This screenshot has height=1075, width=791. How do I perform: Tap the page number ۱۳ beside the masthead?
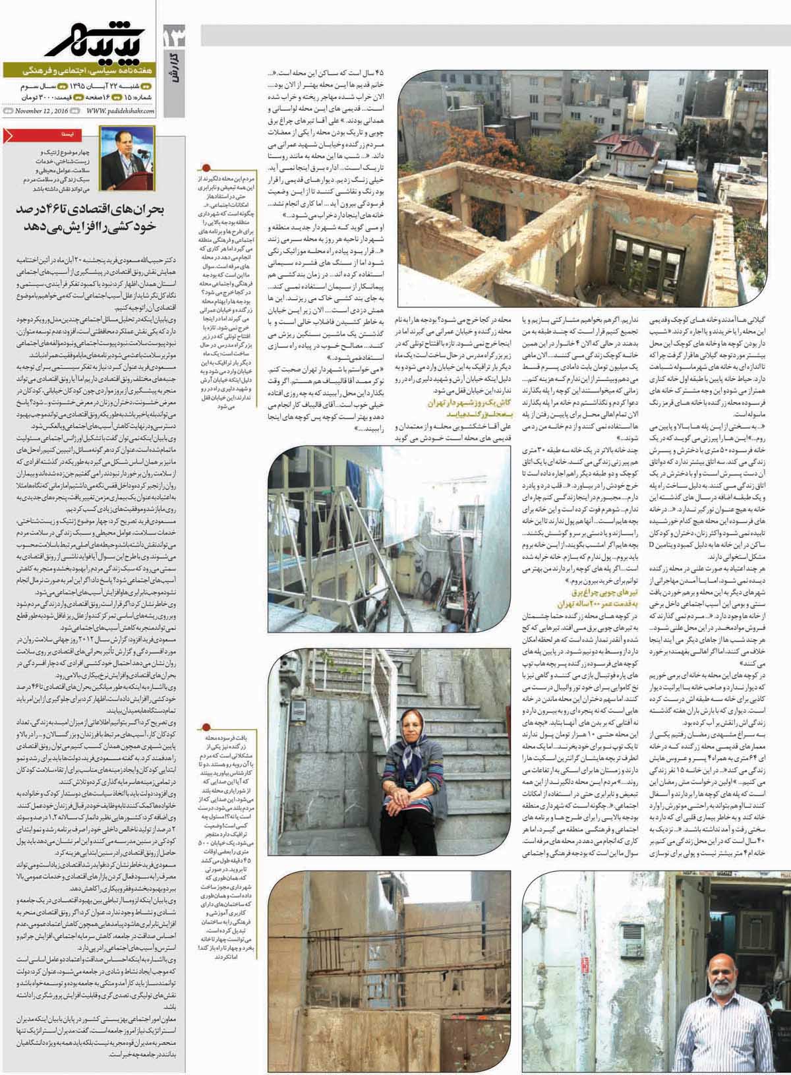pos(173,37)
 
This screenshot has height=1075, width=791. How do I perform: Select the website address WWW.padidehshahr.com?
pos(119,111)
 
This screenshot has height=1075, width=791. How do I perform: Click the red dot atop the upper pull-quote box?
pos(207,167)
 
